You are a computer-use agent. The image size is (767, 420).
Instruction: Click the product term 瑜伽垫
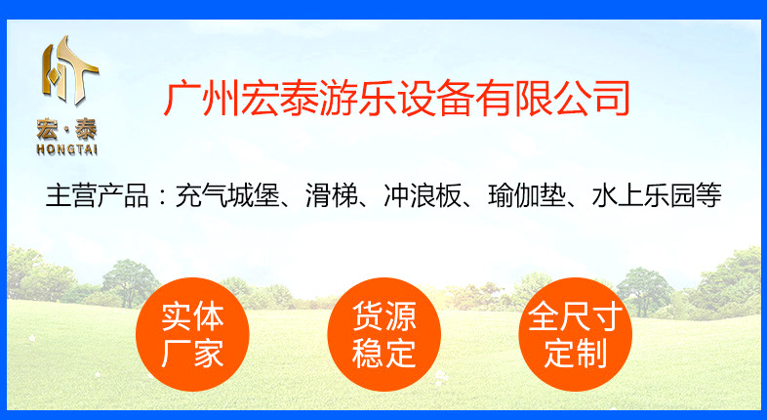[x=526, y=195]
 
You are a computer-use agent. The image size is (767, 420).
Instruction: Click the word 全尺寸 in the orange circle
[x=575, y=316]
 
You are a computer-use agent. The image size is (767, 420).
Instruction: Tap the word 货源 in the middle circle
[x=384, y=316]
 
